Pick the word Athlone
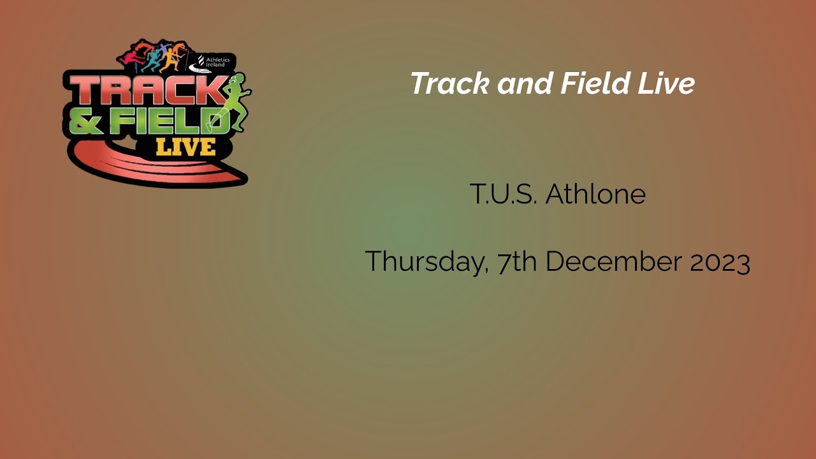[x=595, y=194]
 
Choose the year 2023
[x=720, y=262]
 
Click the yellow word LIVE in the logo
[x=185, y=147]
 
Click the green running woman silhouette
[x=234, y=102]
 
